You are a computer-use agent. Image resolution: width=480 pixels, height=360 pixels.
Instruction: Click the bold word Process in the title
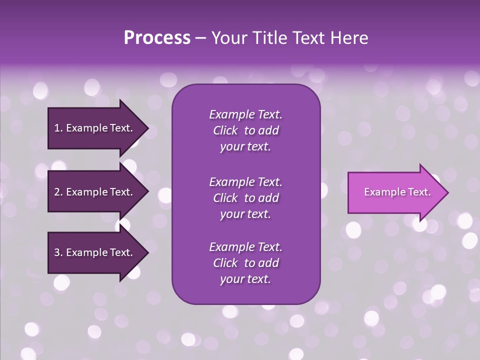click(x=157, y=38)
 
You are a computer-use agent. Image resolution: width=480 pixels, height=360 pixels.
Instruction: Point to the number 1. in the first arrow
click(x=58, y=128)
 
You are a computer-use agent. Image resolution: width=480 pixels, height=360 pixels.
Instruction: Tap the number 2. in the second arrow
click(x=58, y=192)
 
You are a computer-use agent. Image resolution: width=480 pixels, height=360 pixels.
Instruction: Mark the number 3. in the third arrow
click(x=58, y=253)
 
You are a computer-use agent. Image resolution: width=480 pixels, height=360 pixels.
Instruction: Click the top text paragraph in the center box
click(x=245, y=130)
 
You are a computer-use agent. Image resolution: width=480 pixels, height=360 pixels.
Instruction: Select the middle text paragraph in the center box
click(x=245, y=198)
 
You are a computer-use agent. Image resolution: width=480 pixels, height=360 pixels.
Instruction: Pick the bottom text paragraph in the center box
click(x=245, y=263)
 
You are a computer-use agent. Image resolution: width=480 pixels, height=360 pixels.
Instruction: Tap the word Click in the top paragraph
click(x=225, y=131)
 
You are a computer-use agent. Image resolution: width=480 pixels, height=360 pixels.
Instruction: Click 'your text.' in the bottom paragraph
click(x=245, y=279)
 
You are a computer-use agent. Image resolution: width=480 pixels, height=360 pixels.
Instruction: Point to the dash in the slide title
click(x=200, y=38)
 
